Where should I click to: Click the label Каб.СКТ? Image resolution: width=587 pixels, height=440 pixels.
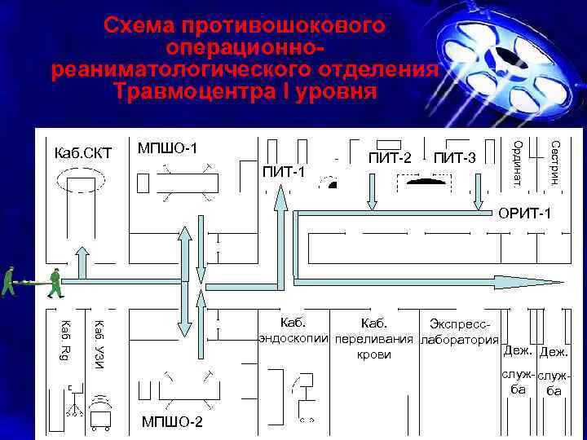point(82,153)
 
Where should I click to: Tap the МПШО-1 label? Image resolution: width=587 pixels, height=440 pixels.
point(169,147)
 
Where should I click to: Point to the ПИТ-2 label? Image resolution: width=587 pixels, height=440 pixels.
point(390,156)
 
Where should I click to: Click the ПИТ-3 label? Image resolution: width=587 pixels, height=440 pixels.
point(454,156)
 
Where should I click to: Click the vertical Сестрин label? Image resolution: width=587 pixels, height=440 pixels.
point(554,161)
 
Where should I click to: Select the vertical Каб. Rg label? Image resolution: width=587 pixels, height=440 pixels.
point(66,340)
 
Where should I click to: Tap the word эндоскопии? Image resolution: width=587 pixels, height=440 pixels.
point(293,337)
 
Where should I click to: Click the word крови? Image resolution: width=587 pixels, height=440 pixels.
point(374,354)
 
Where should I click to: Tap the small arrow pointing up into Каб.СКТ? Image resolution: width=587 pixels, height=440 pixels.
point(83,260)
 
